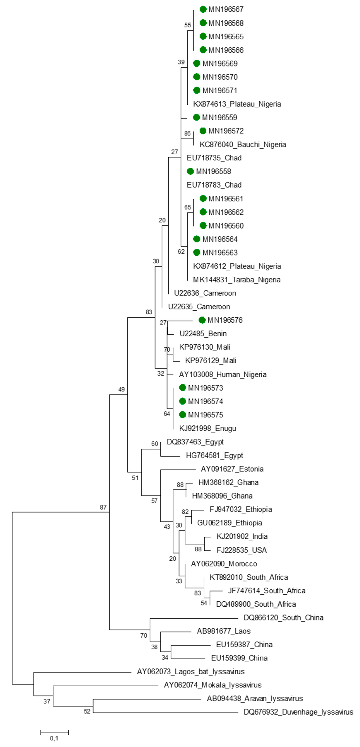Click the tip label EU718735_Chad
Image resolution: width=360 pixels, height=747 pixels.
tap(214, 158)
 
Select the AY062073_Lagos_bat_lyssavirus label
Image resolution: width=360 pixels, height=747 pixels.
tap(191, 672)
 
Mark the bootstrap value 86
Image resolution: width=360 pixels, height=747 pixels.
tap(187, 133)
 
